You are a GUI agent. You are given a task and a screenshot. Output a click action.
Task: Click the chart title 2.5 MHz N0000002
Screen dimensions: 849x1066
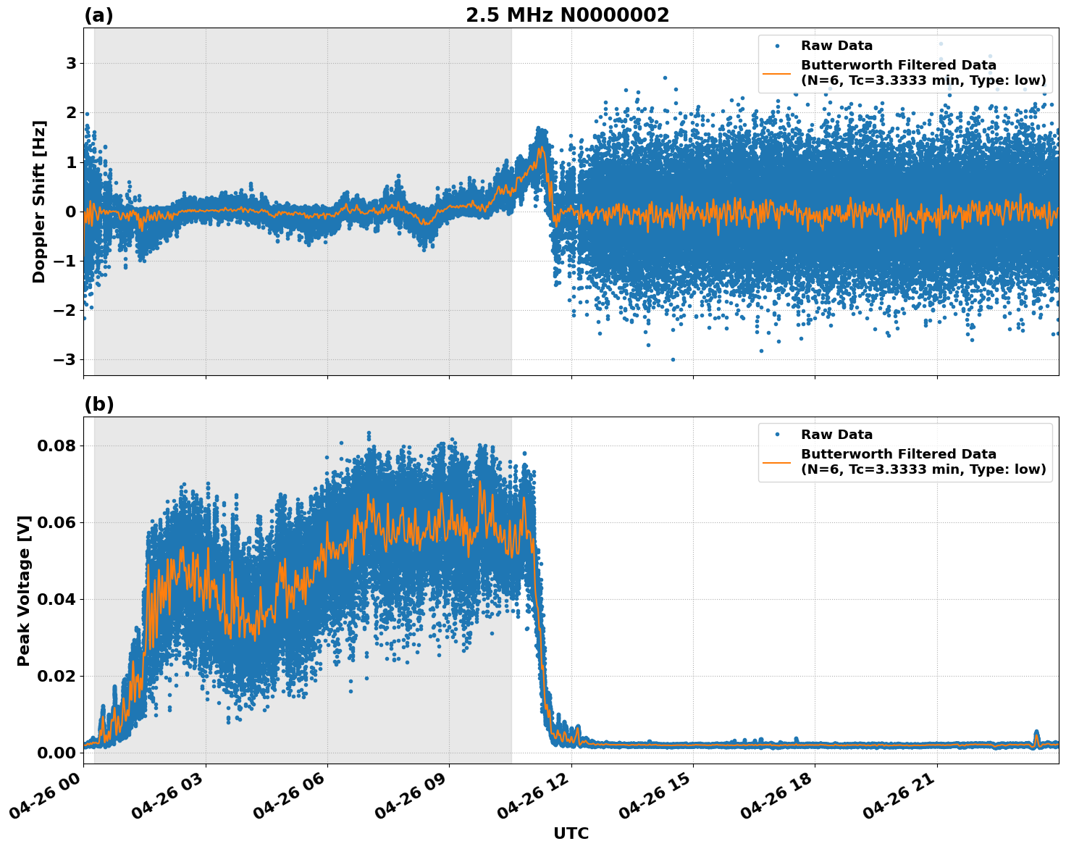(567, 15)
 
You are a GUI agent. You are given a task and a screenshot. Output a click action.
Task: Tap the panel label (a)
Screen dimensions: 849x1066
(98, 15)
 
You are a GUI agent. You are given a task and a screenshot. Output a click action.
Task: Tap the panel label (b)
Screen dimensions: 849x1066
(98, 404)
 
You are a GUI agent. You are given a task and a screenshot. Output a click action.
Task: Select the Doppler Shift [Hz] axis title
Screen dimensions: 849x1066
(39, 201)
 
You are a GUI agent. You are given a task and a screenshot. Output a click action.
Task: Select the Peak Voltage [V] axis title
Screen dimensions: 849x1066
(24, 590)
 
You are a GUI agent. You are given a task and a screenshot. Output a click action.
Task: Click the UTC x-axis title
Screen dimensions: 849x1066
(571, 833)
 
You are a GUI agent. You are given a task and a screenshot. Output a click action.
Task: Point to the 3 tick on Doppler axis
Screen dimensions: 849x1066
(71, 64)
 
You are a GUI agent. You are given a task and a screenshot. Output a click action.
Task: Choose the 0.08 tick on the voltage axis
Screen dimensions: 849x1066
(56, 446)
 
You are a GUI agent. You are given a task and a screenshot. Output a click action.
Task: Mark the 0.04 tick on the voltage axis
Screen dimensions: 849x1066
(56, 599)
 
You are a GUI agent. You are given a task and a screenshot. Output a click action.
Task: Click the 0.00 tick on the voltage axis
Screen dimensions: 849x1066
(56, 753)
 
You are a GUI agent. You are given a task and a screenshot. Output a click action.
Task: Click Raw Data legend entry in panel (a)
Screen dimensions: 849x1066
(836, 46)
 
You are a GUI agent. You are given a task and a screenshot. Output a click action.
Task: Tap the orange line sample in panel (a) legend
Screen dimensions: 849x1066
(777, 73)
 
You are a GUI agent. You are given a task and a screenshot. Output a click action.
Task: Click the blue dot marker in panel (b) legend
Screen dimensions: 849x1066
(777, 435)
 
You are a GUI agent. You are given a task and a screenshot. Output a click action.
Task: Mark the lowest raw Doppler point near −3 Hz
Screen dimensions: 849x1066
(673, 359)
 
